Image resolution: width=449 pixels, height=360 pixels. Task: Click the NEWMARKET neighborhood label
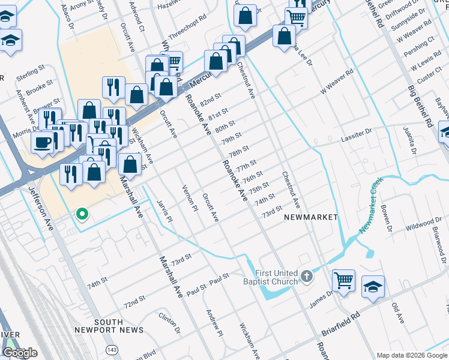pyautogui.click(x=311, y=217)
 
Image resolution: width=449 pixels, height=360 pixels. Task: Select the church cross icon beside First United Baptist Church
pyautogui.click(x=307, y=277)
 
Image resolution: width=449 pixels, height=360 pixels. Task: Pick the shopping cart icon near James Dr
pyautogui.click(x=343, y=280)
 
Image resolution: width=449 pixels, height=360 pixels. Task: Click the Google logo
pyautogui.click(x=20, y=353)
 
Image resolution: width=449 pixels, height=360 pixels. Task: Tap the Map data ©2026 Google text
pyautogui.click(x=411, y=355)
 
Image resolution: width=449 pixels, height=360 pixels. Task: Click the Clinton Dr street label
pyautogui.click(x=169, y=322)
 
